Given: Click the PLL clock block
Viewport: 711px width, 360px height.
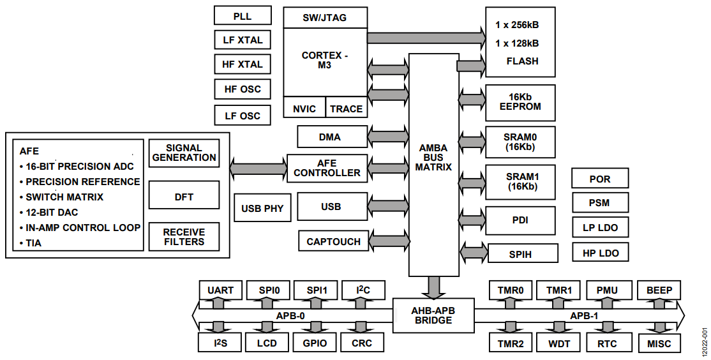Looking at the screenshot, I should [x=243, y=15].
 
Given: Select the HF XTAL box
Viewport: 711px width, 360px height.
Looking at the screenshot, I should [x=243, y=64].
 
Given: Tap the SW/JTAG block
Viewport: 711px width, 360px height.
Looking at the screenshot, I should [x=325, y=18].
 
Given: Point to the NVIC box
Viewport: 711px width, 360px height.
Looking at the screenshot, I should [x=304, y=109].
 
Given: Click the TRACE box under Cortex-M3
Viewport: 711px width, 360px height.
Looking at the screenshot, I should [x=347, y=109].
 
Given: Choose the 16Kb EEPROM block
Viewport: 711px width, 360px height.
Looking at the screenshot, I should [x=520, y=103].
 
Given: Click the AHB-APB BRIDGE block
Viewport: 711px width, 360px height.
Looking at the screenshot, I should [x=433, y=315].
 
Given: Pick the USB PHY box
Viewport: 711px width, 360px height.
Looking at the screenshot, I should [x=262, y=208].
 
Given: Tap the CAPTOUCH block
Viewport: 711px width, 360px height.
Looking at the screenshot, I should [x=333, y=241].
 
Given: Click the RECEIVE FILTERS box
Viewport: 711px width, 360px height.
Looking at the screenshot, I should [x=184, y=237].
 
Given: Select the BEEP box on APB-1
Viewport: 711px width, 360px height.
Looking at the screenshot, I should [x=659, y=290].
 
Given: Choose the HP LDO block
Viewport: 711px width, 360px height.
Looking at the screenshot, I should [x=600, y=253].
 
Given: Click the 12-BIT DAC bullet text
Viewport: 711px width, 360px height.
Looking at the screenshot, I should [x=52, y=212].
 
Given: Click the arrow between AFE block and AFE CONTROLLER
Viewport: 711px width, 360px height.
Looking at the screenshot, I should [x=258, y=167].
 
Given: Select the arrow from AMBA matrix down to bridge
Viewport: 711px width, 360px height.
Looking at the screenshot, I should [x=434, y=287].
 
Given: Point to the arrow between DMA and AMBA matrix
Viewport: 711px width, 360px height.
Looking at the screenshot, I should [x=388, y=136].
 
